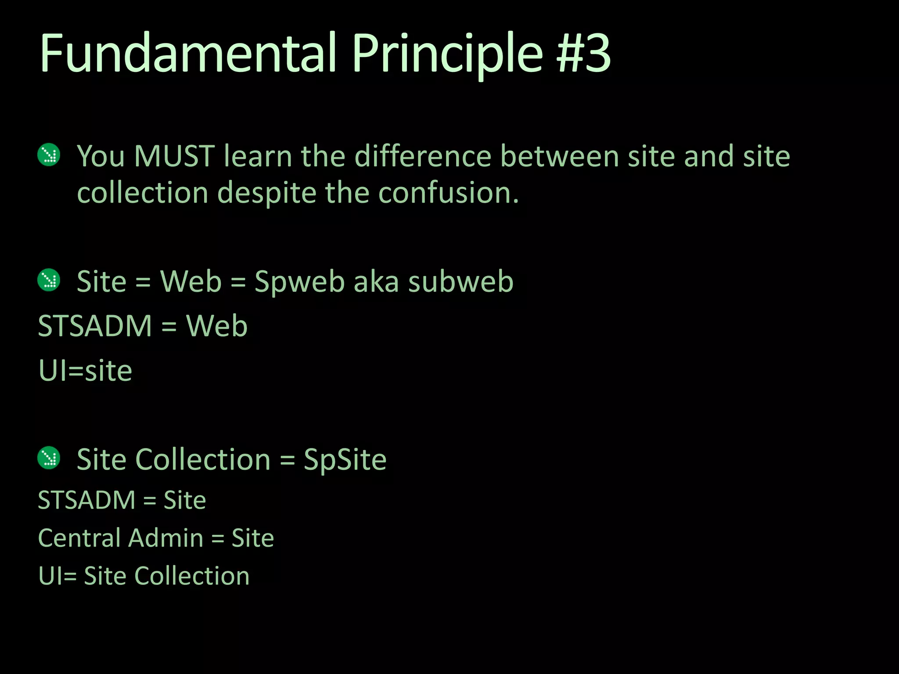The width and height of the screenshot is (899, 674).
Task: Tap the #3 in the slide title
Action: (x=583, y=54)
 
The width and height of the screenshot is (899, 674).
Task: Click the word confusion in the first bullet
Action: (x=448, y=193)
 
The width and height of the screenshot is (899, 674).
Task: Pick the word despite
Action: (x=266, y=194)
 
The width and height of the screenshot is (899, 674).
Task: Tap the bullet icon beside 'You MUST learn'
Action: (x=49, y=155)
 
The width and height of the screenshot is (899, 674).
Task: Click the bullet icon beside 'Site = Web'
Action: (x=49, y=280)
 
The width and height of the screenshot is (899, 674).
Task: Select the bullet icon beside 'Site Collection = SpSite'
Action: (x=49, y=458)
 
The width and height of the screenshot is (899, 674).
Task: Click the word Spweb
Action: (x=299, y=282)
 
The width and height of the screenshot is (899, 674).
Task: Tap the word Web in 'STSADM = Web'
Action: (x=217, y=326)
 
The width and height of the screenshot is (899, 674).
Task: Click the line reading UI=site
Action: (x=85, y=371)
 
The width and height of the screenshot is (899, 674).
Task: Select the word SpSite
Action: (x=345, y=460)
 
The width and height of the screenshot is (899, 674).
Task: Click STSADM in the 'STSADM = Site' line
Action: (x=86, y=500)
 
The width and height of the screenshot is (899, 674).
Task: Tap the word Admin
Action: (x=166, y=538)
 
